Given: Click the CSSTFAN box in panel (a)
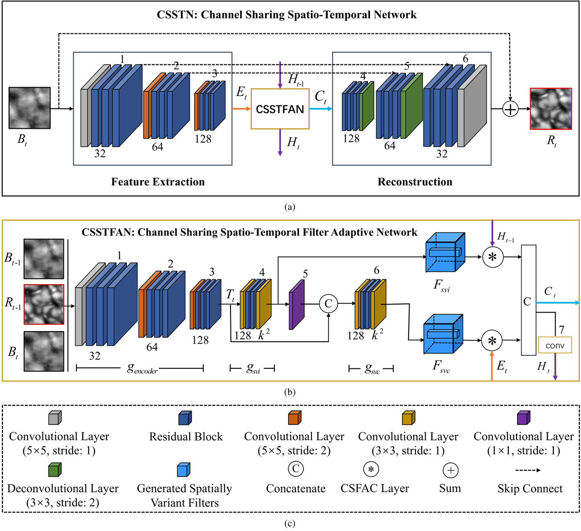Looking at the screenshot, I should point(280,109).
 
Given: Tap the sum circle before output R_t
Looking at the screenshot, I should point(510,109).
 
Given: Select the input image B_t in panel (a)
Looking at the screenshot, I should point(30,108).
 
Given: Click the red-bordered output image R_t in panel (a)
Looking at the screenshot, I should point(551,109).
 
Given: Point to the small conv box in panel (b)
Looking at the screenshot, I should point(555,345).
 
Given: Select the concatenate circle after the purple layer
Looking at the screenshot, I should point(328,303).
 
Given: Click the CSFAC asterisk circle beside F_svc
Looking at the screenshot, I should point(492,341).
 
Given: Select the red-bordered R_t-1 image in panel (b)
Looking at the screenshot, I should point(44,304).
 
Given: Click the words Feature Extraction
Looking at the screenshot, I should point(158,182).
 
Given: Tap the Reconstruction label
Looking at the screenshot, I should point(415,182).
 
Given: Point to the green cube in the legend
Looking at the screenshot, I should point(55,469).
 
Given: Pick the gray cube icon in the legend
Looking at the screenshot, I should point(55,417).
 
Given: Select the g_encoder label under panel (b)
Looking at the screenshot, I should point(142,369).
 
